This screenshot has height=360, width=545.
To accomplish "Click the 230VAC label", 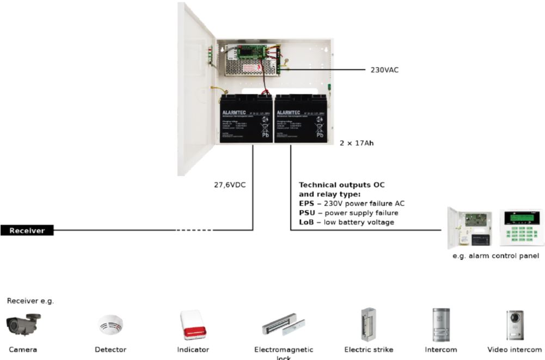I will coord(384,70).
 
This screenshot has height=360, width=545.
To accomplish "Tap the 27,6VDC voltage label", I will coord(230,185).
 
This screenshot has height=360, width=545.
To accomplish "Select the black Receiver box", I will coord(27,230).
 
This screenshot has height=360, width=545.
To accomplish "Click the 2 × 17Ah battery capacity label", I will coord(357,143).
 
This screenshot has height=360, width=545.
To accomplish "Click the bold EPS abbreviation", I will coord(307,204).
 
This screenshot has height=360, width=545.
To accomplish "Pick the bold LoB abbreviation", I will coord(307,222).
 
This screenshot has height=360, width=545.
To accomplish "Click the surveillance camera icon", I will coord(23,325).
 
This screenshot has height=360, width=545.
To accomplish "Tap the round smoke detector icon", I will coord(111,326).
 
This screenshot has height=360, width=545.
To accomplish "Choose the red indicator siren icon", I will coord(193,325).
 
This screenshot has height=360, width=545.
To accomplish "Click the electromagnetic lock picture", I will coord(283,327).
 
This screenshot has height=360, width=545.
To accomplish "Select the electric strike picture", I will coord(368,325).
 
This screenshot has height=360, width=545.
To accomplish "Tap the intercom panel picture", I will coord(440,325).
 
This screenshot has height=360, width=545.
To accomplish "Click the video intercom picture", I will coord(515,325).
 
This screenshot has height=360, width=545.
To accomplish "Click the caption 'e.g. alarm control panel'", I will coord(496,255).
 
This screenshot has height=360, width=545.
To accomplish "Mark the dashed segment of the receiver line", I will coord(194,230).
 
